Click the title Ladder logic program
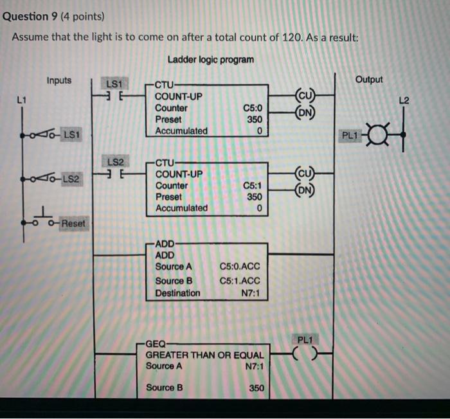[x=210, y=60]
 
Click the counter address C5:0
[x=252, y=108]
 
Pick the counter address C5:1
[x=252, y=185]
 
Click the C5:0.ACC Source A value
[x=240, y=266]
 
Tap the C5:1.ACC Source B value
[x=240, y=280]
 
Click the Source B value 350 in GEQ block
[x=256, y=388]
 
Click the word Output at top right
[x=368, y=80]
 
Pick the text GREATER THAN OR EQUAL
[x=204, y=355]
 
